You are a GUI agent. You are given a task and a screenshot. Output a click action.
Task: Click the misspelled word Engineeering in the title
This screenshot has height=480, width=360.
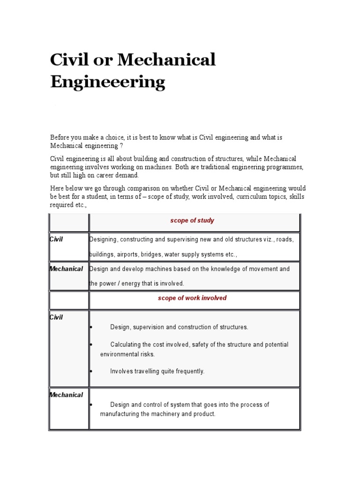[107, 82]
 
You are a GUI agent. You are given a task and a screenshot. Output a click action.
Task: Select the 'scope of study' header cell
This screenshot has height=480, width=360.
[192, 220]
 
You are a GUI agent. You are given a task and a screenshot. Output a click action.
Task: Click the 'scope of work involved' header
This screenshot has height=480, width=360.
[192, 298]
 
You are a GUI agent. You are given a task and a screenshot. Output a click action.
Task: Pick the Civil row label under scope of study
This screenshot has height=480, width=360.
[56, 240]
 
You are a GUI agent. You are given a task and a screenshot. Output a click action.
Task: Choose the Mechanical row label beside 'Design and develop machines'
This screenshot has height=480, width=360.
[66, 269]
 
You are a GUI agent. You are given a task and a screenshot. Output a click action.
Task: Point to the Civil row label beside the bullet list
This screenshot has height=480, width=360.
[56, 317]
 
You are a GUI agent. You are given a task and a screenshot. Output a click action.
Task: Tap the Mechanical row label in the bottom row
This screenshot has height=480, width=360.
[66, 395]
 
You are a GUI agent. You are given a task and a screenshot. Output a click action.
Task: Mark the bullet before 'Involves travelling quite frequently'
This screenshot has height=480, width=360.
[90, 371]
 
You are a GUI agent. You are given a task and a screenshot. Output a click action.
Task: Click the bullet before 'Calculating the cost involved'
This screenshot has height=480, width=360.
[90, 345]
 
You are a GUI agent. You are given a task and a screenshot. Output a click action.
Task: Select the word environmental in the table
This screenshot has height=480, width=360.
[121, 354]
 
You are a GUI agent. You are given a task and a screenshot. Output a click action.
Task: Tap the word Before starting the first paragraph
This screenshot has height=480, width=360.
[60, 138]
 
